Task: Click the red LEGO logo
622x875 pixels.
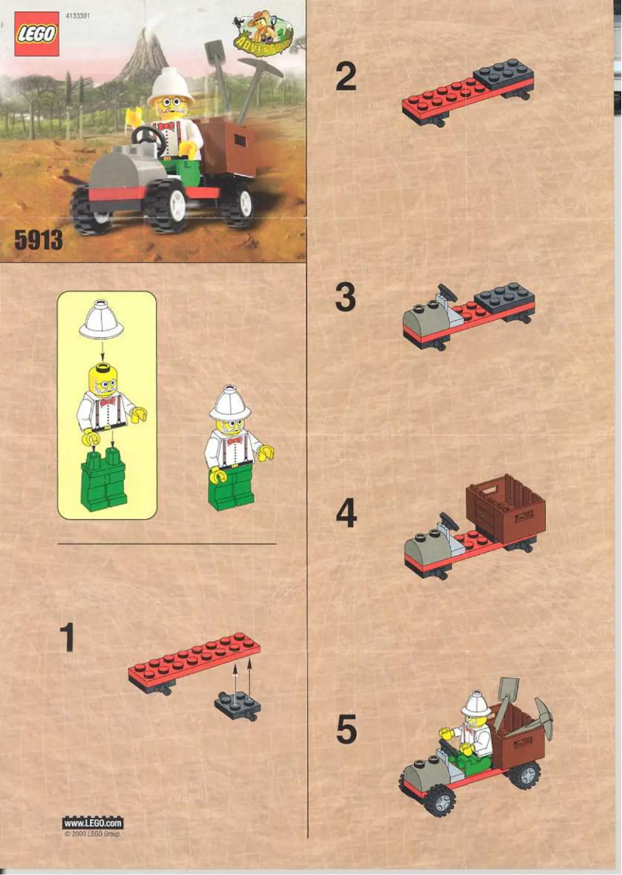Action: click(36, 34)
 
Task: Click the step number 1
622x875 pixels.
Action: click(67, 637)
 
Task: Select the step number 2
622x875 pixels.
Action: click(346, 78)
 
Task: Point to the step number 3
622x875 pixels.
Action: click(346, 298)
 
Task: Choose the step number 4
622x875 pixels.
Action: click(346, 512)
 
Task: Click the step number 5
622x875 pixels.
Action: click(346, 730)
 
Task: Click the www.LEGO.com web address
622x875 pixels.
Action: click(92, 822)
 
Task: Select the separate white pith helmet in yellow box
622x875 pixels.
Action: click(101, 319)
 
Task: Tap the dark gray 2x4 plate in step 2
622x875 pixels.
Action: click(504, 75)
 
